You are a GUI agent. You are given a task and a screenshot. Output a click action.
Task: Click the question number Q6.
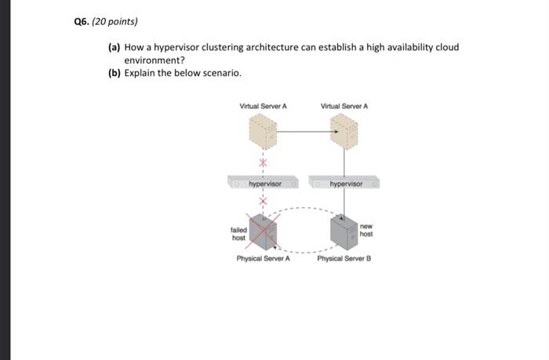80,21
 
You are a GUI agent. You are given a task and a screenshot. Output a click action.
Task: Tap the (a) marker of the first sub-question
114,47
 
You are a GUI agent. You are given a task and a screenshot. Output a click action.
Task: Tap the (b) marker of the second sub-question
114,73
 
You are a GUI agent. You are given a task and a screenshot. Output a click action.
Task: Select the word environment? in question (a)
155,60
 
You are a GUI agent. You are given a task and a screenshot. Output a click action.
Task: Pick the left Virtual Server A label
263,106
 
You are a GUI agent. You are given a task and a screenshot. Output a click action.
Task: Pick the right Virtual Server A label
344,106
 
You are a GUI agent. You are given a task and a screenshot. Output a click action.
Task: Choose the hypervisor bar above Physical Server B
345,184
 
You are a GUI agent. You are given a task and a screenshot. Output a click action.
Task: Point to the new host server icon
344,231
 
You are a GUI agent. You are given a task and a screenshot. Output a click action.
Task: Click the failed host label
238,234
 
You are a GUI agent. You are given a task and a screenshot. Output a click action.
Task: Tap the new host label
366,230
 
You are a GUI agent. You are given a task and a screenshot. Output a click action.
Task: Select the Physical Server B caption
344,258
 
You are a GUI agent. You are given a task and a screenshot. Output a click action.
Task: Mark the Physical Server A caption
264,258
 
